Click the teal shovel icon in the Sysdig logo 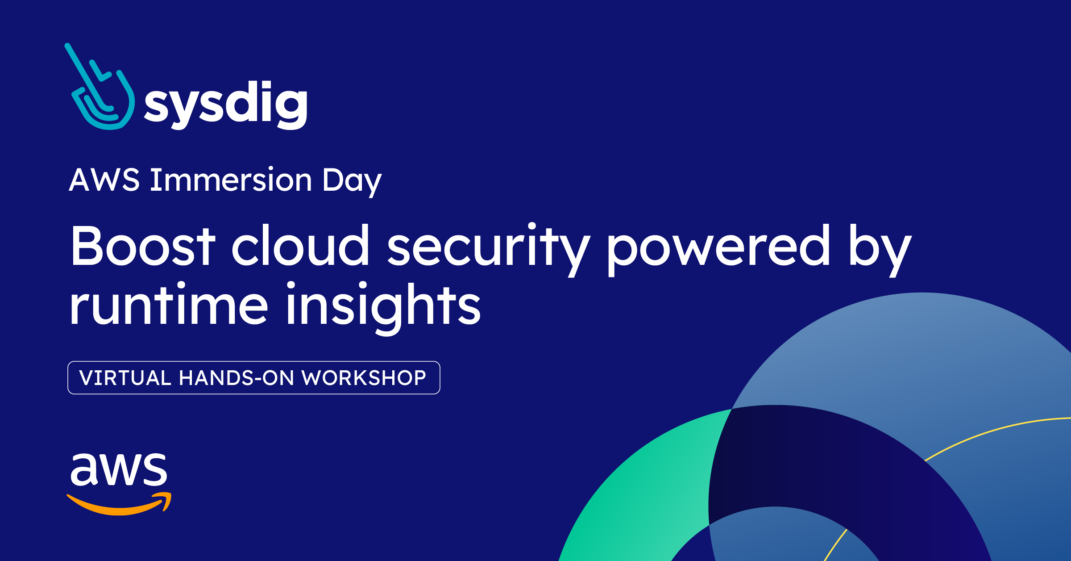tap(100, 89)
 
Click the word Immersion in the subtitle tap(231, 180)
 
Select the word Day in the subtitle tap(352, 181)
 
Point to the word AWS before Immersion tap(104, 180)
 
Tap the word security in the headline tap(489, 248)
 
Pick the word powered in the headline tap(718, 248)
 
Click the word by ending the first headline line tap(880, 248)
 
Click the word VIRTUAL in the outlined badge tap(125, 378)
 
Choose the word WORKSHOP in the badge tap(364, 378)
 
